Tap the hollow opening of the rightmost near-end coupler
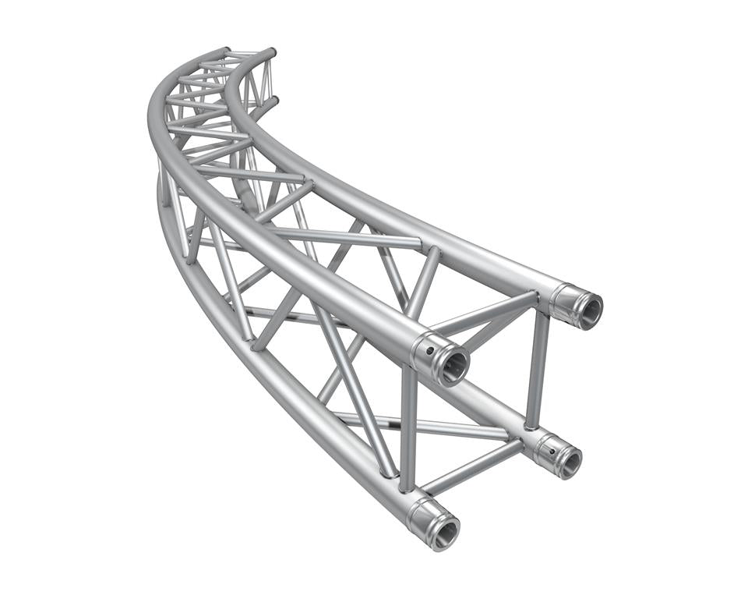587,307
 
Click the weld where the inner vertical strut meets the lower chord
531,426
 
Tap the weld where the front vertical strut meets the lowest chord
404,488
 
